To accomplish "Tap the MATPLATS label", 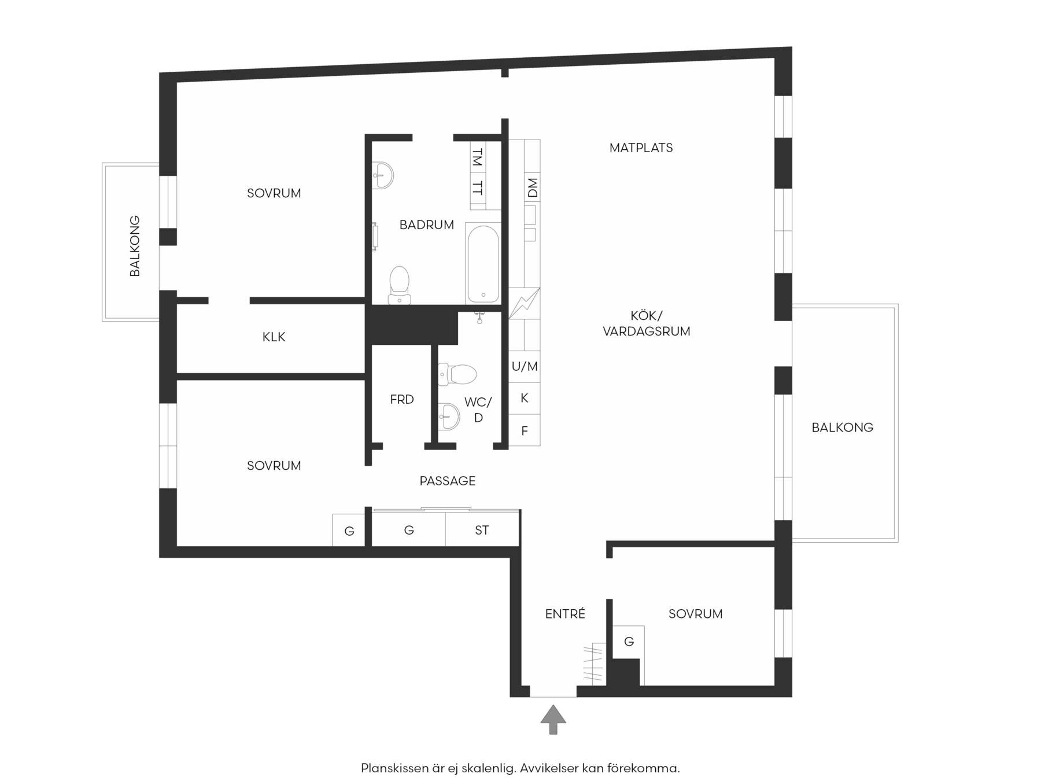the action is tap(641, 148).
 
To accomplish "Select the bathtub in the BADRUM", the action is tap(483, 264).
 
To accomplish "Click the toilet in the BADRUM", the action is tap(399, 285).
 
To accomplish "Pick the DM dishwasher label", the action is tap(533, 187).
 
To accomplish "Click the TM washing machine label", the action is tap(478, 157).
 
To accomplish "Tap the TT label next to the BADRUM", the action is tap(478, 188).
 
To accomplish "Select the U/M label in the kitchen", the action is tap(525, 366).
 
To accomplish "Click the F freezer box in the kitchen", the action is tap(525, 430).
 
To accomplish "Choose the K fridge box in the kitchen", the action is tap(525, 398).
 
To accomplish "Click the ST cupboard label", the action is tap(482, 530).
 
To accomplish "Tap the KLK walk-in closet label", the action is tap(274, 337).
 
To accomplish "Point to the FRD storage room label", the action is tap(402, 399).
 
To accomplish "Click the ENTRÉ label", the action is tap(565, 614).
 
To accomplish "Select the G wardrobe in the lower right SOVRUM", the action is tap(629, 642).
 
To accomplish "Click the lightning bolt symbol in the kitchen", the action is tap(524, 303).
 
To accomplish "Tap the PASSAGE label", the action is tap(448, 481).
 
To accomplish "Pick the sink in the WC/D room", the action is tap(449, 417).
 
